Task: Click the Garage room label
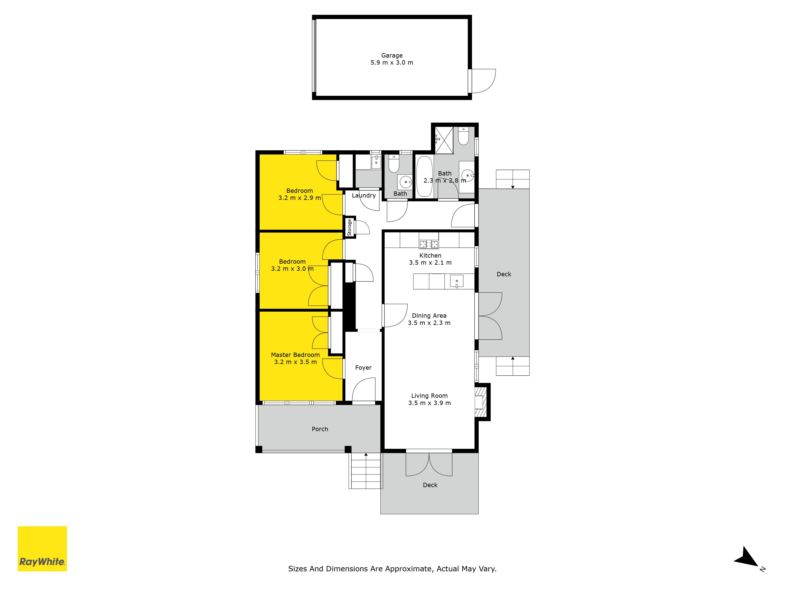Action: pos(392,55)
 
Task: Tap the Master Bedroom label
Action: pos(295,355)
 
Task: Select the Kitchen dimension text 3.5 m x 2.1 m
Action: pos(430,263)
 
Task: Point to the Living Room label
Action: pos(429,395)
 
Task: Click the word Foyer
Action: pos(363,368)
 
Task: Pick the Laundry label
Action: pos(364,196)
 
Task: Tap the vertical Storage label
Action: pos(349,227)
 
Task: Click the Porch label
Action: pos(320,429)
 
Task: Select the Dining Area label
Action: pos(429,316)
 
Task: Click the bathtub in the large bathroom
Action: pos(424,177)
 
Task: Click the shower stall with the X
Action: pos(444,140)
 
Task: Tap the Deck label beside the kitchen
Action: pos(504,274)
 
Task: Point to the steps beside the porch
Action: pos(366,471)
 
